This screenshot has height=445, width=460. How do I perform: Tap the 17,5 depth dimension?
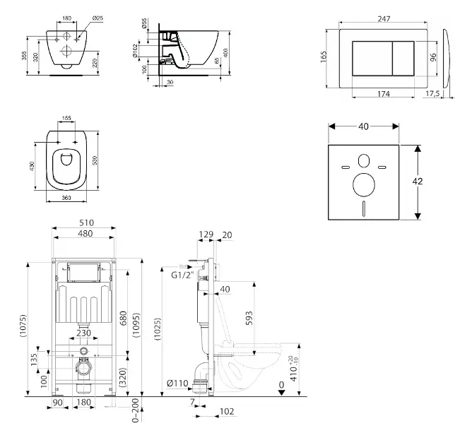(432, 94)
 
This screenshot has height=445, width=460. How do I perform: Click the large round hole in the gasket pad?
(365, 186)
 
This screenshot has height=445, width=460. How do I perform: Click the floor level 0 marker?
(282, 385)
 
